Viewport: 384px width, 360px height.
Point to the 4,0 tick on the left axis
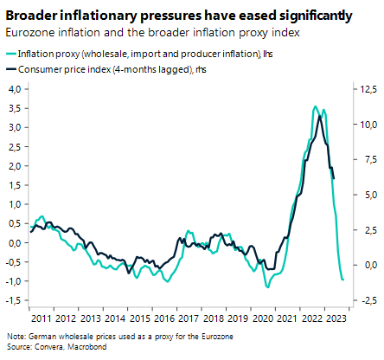coord(15,89)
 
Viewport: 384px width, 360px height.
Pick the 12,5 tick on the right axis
coord(366,89)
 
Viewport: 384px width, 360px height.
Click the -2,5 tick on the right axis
coord(366,299)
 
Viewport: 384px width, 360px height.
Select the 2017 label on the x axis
coord(189,317)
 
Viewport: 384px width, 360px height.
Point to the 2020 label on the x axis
coord(263,317)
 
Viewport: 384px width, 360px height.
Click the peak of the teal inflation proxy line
coord(315,106)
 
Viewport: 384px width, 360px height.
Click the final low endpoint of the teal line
coord(343,280)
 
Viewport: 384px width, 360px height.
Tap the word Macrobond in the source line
coord(74,345)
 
